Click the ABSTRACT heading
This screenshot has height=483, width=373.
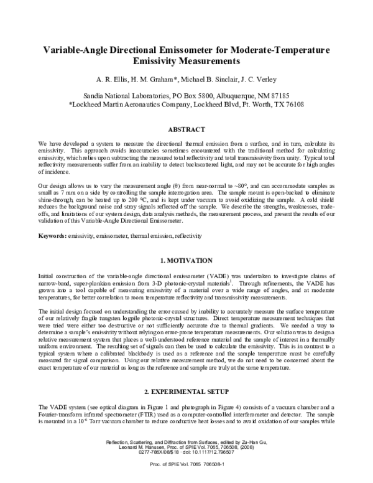coord(186,129)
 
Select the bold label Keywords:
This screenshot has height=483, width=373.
coord(54,218)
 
